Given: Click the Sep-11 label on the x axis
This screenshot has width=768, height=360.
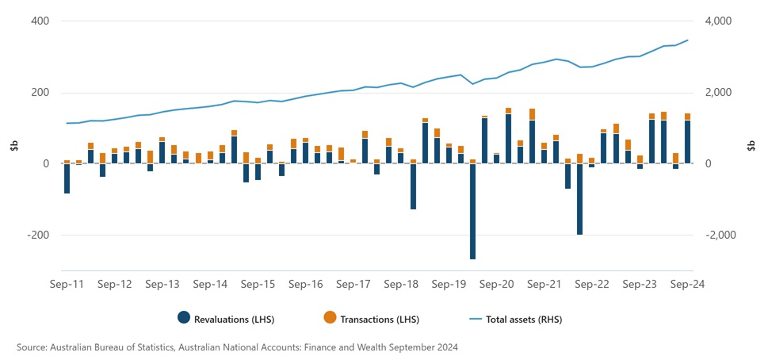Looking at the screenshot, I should [x=67, y=284].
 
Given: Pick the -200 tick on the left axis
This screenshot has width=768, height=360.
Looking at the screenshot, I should [x=37, y=236].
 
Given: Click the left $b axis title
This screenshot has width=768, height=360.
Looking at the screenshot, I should [x=13, y=146].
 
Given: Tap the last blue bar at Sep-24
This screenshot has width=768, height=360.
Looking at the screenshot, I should [x=688, y=142].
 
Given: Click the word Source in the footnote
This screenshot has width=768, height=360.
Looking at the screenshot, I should [x=31, y=347].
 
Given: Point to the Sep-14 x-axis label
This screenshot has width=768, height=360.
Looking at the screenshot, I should [x=211, y=284].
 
